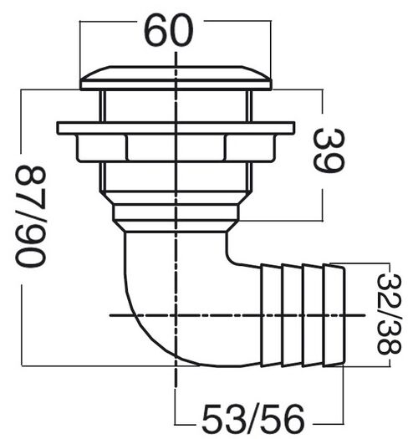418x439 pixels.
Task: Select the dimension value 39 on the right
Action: pos(329,151)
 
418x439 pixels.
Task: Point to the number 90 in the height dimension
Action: pos(30,243)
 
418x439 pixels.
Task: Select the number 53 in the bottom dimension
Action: pos(219,416)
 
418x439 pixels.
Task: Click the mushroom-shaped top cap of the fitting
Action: pos(176,78)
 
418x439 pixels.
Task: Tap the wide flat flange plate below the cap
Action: pos(176,128)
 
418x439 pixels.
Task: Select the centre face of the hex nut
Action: pos(176,147)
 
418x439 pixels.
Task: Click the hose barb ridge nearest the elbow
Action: pos(271,314)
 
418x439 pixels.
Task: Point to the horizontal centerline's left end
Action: pos(112,314)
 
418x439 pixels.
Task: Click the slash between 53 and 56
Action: pos(252,416)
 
